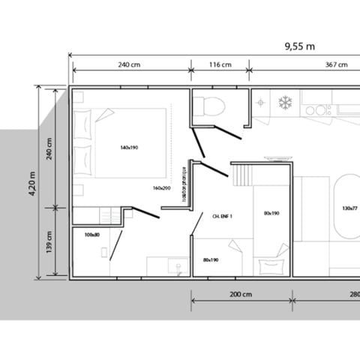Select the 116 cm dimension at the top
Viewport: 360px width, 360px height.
(x=219, y=65)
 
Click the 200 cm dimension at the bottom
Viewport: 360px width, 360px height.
(x=240, y=294)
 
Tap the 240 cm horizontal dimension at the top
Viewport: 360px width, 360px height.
(x=129, y=65)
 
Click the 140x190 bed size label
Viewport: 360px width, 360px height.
(x=129, y=148)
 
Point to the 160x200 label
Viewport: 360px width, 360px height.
(x=161, y=188)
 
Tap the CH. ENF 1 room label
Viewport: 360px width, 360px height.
(x=223, y=215)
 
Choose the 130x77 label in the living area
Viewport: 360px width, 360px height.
(x=349, y=208)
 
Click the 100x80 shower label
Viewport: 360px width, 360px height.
(x=92, y=235)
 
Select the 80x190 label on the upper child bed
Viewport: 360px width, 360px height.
(x=271, y=213)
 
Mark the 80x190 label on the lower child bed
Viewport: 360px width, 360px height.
(x=211, y=260)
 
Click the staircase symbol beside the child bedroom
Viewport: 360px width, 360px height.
(x=241, y=177)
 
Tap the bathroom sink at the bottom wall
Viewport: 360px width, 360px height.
(x=177, y=265)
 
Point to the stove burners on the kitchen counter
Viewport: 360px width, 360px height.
(x=319, y=109)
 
